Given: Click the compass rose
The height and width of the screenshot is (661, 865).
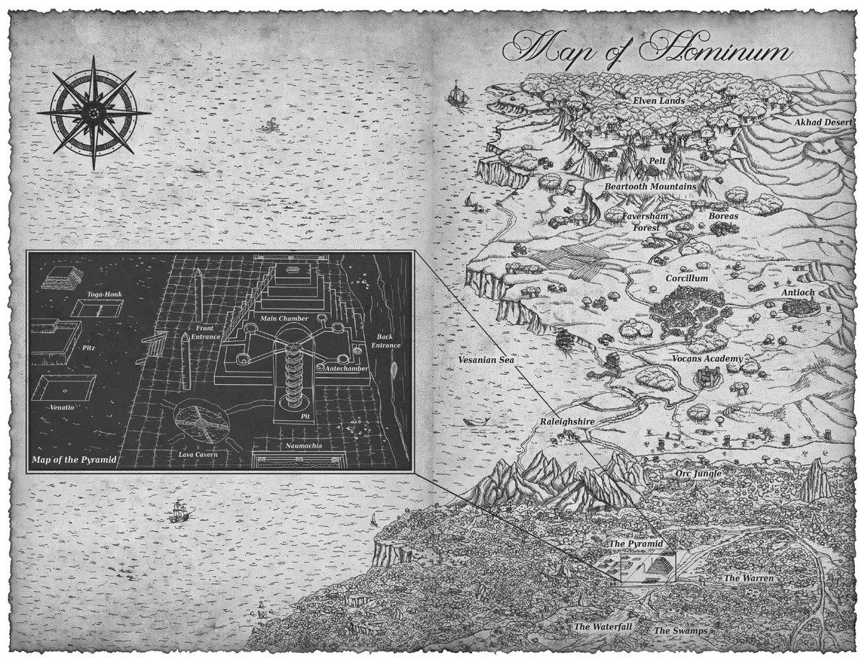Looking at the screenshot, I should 93,113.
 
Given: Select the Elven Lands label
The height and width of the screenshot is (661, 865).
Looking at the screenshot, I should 659,101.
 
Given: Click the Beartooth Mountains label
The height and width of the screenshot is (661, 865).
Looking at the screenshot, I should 650,187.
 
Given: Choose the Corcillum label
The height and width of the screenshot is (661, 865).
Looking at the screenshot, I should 686,278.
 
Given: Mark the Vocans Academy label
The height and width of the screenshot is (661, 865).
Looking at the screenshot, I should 707,359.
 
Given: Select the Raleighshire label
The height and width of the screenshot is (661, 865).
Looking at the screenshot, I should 566,420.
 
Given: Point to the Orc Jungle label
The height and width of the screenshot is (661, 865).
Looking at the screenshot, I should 698,474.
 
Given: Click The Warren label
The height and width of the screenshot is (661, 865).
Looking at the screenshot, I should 749,578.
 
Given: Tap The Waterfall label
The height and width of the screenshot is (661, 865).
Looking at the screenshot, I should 603,627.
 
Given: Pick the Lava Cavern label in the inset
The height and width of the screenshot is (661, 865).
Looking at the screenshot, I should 197,455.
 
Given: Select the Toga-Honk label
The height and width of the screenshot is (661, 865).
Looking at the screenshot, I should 97,294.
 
